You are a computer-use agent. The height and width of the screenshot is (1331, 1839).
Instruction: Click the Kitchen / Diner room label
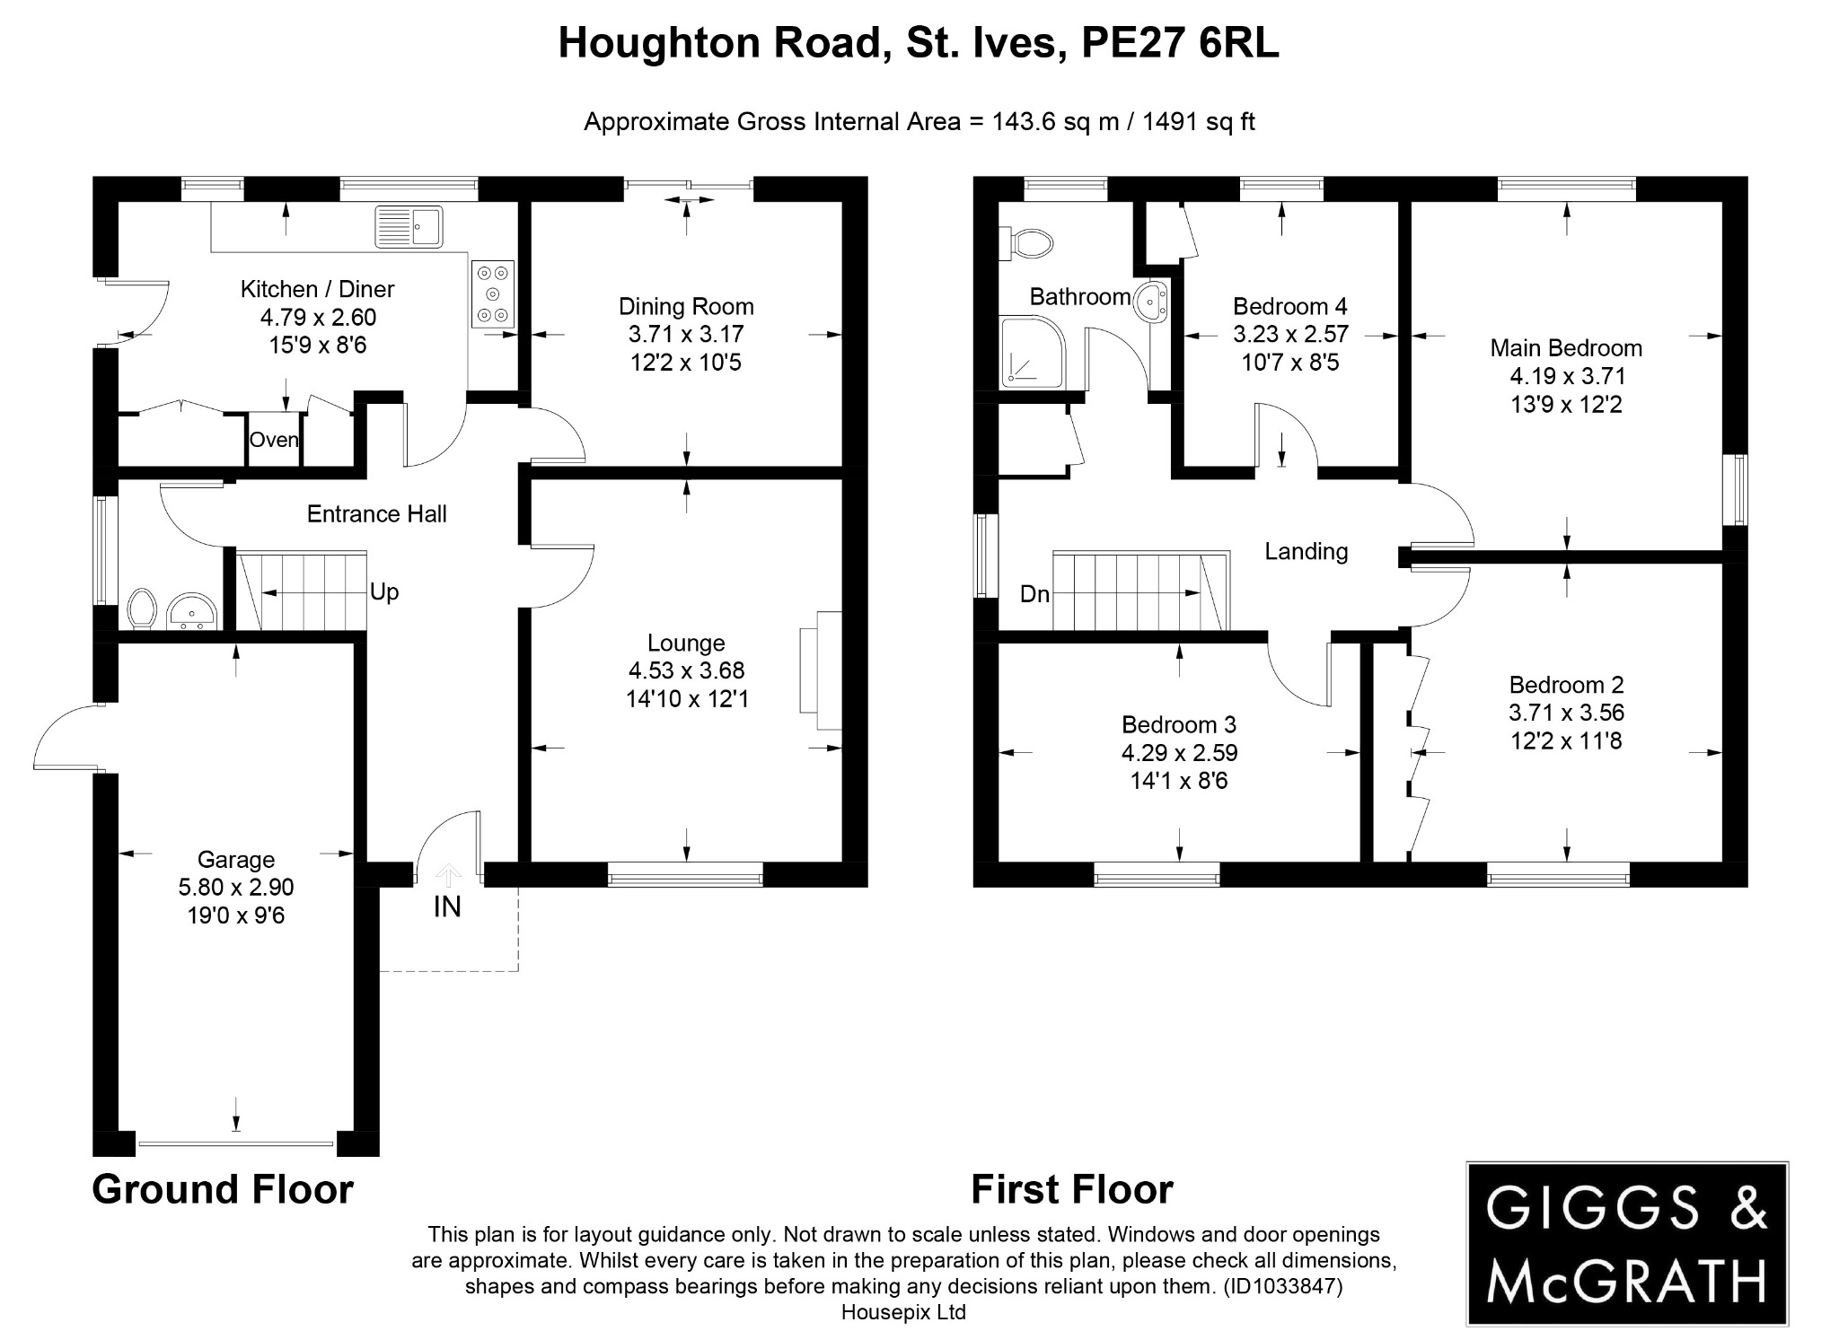click(317, 289)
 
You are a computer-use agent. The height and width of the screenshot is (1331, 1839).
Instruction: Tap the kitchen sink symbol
click(409, 225)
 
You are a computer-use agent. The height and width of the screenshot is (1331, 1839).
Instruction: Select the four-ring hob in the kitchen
click(492, 293)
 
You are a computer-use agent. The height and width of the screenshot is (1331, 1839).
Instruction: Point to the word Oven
click(274, 440)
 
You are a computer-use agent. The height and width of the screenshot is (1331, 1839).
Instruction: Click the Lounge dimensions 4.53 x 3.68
click(686, 670)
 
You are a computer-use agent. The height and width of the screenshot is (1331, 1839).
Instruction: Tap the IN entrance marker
click(447, 906)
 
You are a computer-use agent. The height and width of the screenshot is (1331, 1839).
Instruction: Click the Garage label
click(236, 860)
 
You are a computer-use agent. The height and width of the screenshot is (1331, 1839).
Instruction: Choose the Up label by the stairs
click(384, 592)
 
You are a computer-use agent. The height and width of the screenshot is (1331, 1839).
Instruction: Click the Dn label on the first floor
click(1034, 594)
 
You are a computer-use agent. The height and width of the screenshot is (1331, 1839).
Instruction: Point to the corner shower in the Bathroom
click(1033, 354)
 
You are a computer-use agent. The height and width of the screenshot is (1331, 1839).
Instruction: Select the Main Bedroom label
click(1566, 348)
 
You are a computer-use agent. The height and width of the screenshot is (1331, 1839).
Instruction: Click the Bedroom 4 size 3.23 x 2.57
click(1290, 335)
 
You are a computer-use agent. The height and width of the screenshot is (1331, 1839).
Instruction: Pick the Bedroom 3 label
click(1178, 724)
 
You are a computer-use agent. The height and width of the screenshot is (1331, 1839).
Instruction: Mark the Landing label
click(1306, 551)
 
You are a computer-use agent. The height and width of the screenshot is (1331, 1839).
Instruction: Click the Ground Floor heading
click(223, 1189)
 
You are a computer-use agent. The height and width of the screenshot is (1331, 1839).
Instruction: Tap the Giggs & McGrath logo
click(1626, 1243)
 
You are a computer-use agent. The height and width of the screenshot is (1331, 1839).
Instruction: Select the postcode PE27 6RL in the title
click(1179, 43)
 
